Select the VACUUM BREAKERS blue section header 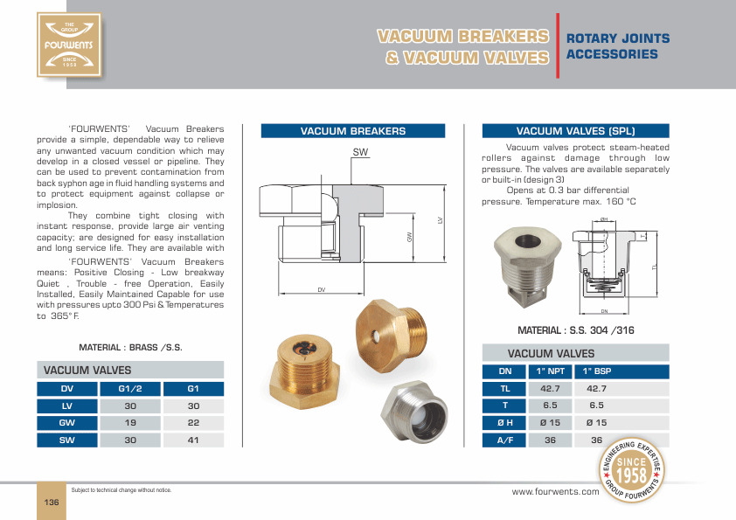click(x=353, y=131)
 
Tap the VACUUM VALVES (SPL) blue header click(x=576, y=131)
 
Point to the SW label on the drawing click(x=360, y=152)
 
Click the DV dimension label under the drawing click(x=321, y=289)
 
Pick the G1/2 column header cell click(x=130, y=389)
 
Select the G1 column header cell click(x=193, y=389)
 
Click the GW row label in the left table click(x=67, y=423)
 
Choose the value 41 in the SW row click(x=193, y=440)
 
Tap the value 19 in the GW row click(x=130, y=423)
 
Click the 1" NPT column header click(x=550, y=371)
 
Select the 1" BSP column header click(x=598, y=371)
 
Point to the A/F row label click(x=504, y=440)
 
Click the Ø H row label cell click(x=504, y=423)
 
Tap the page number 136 click(x=52, y=502)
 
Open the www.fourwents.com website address click(x=555, y=492)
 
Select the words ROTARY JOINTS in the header click(x=618, y=38)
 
